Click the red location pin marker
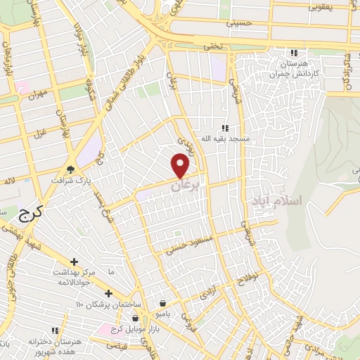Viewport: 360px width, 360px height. [181, 165]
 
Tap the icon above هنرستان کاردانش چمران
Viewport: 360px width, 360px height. [294, 53]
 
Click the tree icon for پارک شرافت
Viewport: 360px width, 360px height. [70, 169]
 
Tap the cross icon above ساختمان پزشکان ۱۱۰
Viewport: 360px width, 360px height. [108, 293]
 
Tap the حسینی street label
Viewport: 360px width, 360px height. [239, 23]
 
